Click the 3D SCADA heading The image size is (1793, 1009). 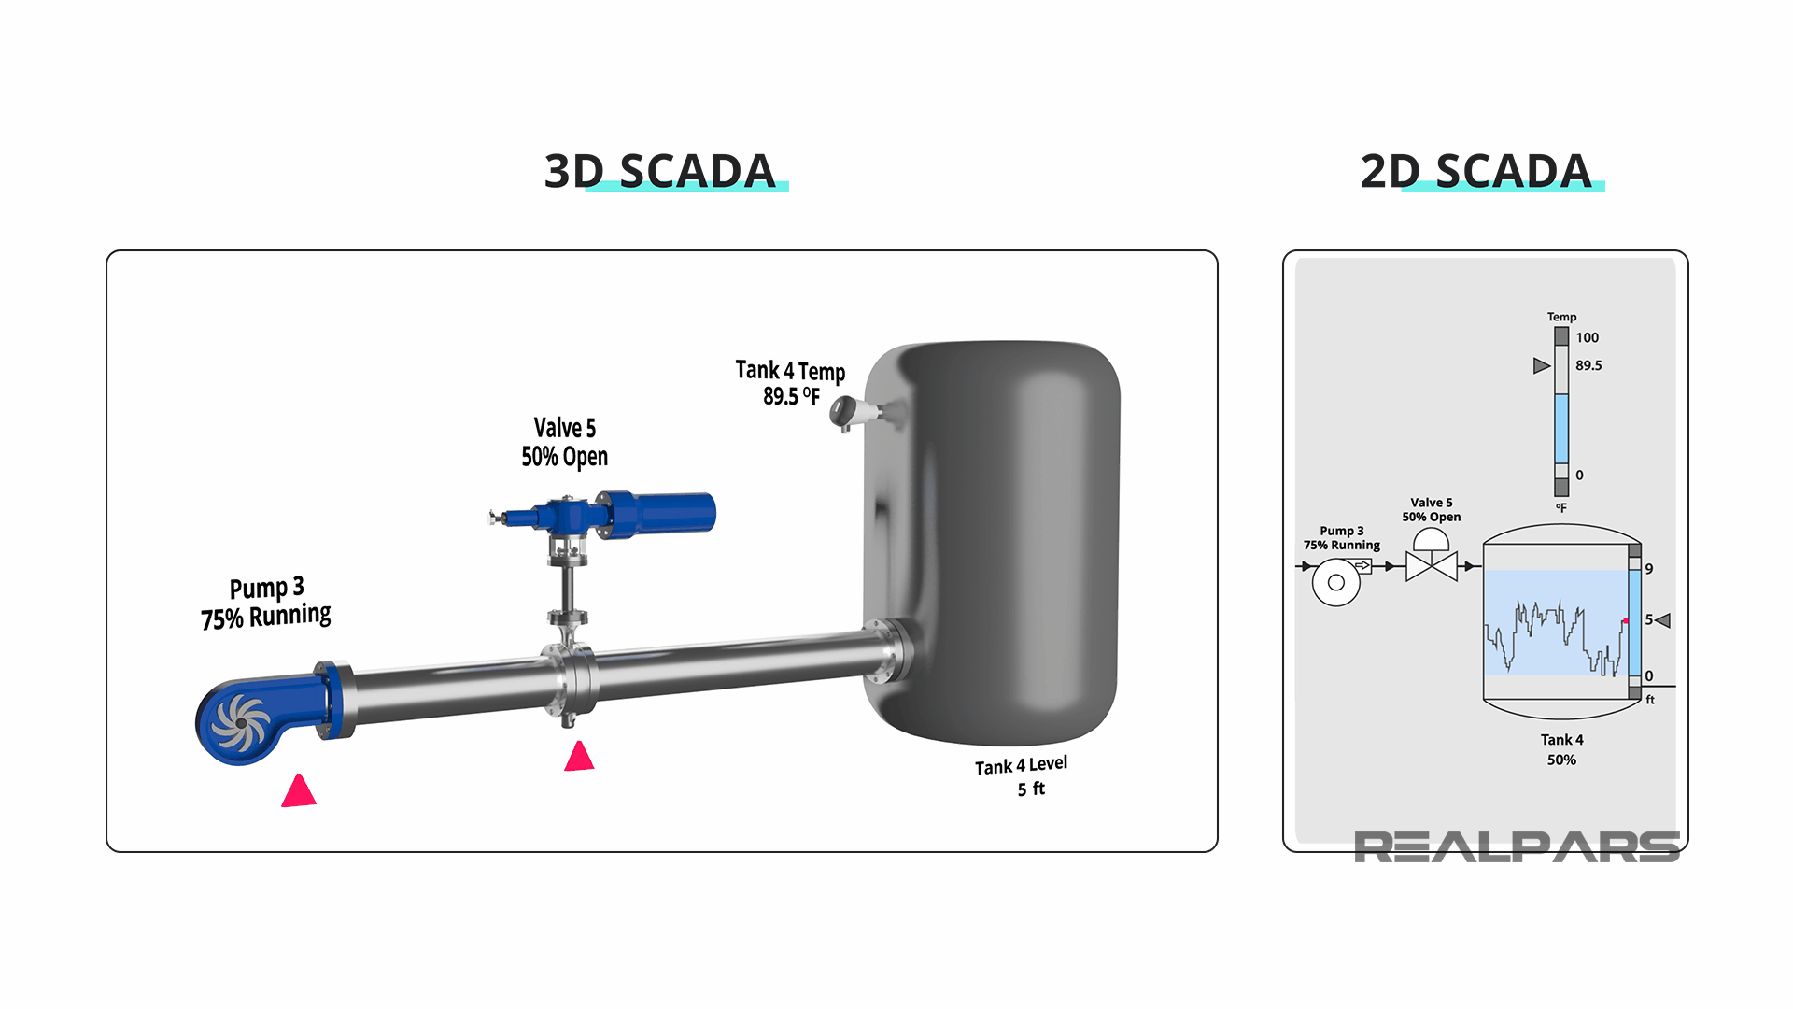[660, 171]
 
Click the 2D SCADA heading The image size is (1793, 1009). [1476, 171]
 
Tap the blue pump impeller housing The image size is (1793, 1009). [241, 722]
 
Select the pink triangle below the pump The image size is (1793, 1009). [299, 791]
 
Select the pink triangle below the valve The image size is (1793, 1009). [579, 757]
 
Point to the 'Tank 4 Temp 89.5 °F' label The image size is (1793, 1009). [790, 383]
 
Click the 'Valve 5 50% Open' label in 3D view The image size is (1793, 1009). [564, 442]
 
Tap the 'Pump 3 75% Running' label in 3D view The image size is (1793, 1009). [266, 603]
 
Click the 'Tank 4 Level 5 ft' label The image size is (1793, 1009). [1023, 776]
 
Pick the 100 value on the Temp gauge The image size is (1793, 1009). [1587, 337]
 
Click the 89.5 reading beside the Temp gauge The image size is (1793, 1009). [1588, 365]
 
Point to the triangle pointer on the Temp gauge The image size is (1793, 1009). [1541, 365]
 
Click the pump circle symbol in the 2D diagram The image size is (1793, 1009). [1336, 582]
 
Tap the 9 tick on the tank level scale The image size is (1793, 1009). [1649, 569]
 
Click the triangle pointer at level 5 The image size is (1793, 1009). [1663, 620]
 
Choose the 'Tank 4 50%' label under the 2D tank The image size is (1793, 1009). [1561, 749]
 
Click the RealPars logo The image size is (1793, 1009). [1517, 847]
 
